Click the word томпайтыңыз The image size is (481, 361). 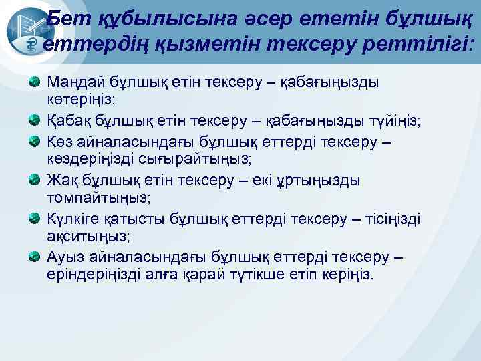pyautogui.click(x=99, y=199)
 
